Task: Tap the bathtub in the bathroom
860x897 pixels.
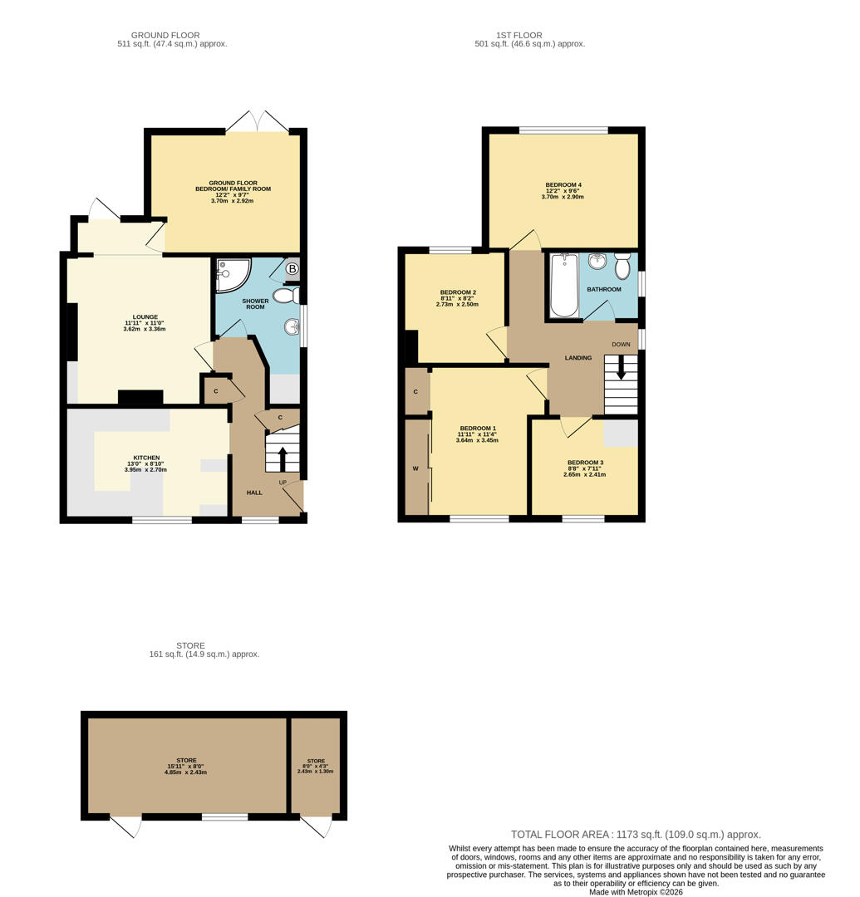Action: pyautogui.click(x=564, y=286)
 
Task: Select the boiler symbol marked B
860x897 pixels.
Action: pyautogui.click(x=292, y=268)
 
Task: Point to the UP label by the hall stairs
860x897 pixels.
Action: pyautogui.click(x=283, y=483)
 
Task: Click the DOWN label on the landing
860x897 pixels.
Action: pyautogui.click(x=621, y=344)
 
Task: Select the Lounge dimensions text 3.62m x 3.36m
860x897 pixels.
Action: pyautogui.click(x=145, y=329)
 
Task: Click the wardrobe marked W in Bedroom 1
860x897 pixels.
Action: pyautogui.click(x=415, y=468)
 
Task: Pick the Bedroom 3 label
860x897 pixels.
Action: pyautogui.click(x=585, y=463)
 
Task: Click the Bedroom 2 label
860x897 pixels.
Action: pyautogui.click(x=457, y=292)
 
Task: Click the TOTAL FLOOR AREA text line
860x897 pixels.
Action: pyautogui.click(x=636, y=835)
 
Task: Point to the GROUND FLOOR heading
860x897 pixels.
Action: pyautogui.click(x=165, y=35)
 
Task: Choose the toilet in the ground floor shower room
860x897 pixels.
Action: pyautogui.click(x=284, y=295)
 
